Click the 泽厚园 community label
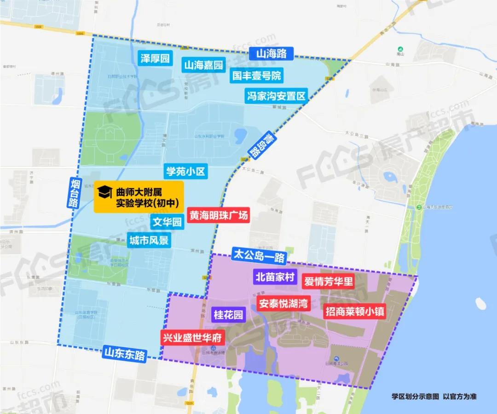[156, 58]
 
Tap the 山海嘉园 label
[203, 65]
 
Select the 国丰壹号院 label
[256, 75]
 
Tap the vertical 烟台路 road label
[75, 193]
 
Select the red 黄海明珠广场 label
[219, 215]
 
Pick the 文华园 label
[168, 222]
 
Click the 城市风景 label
[149, 240]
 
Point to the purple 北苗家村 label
[275, 277]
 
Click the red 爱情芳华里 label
[328, 281]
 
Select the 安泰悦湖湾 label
[283, 304]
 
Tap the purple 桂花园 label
[228, 315]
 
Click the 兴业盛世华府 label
[192, 338]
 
